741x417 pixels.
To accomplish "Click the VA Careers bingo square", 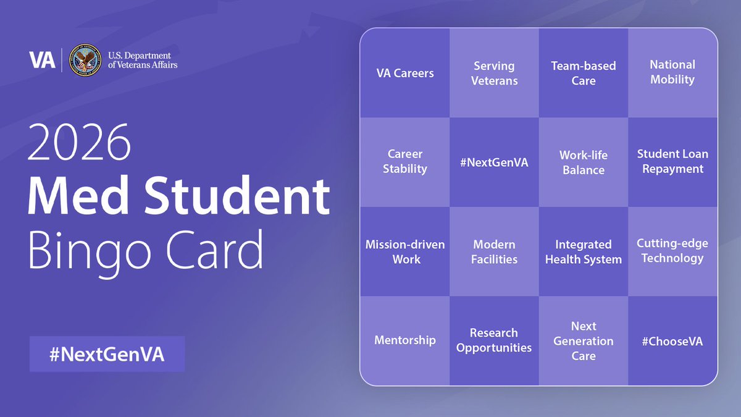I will coord(405,73).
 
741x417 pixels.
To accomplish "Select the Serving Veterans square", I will coord(494,73).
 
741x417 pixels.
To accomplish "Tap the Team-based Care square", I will coord(584,73).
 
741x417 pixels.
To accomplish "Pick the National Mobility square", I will coord(672,72).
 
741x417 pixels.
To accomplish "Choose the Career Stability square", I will coord(405,162).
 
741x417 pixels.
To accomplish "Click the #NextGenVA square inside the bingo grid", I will coord(494,162).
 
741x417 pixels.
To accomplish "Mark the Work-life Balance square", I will coord(584,162).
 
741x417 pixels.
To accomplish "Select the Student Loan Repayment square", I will coord(672,162).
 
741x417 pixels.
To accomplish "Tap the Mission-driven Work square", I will coord(405,251).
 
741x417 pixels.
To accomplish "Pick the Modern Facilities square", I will coord(494,252).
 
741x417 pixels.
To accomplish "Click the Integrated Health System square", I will coord(584,252).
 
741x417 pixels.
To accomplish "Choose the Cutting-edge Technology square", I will coord(672,251).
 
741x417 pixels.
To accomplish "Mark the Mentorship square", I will coord(405,340).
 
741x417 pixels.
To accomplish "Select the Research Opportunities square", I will coord(494,340).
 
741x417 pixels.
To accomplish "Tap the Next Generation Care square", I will coord(584,341).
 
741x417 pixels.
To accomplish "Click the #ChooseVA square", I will coord(672,341).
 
